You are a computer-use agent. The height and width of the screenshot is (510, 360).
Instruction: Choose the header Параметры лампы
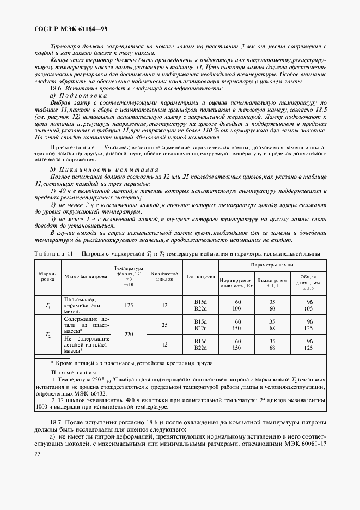272,264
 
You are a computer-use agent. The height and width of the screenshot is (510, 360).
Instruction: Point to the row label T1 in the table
47,305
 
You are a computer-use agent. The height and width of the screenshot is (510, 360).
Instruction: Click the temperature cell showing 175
129,305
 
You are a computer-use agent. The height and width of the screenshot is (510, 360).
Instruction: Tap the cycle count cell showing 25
164,325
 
